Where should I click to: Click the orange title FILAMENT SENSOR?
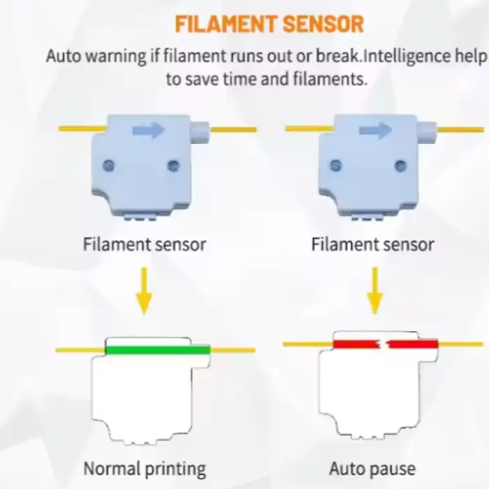point(269,24)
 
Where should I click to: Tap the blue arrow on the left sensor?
point(149,130)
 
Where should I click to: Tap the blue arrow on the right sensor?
point(375,130)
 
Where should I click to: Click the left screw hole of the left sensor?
point(109,166)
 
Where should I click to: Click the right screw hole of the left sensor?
point(174,166)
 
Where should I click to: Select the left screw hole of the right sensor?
point(336,166)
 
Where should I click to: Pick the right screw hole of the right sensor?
point(400,166)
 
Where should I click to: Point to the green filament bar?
point(157,349)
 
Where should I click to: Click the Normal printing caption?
point(145,468)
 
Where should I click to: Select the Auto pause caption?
point(372,468)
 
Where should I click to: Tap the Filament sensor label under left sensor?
point(145,245)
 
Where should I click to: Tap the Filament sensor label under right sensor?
point(372,245)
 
